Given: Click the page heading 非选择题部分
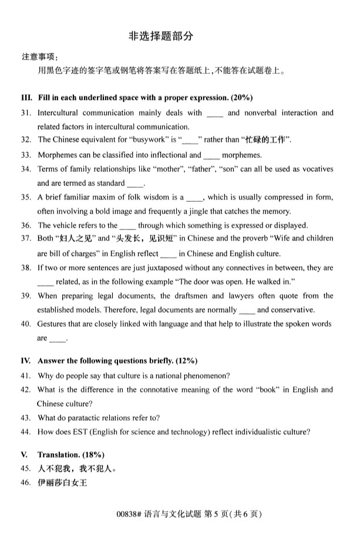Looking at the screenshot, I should (x=160, y=36).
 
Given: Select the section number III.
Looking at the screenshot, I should (x=26, y=97).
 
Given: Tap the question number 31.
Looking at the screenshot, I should (x=25, y=113).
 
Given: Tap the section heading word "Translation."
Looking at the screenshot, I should (x=61, y=455).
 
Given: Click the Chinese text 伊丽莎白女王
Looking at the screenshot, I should (x=62, y=483).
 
